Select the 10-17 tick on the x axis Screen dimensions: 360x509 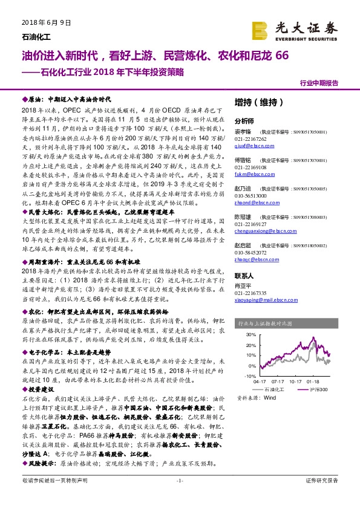point(296,382)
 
